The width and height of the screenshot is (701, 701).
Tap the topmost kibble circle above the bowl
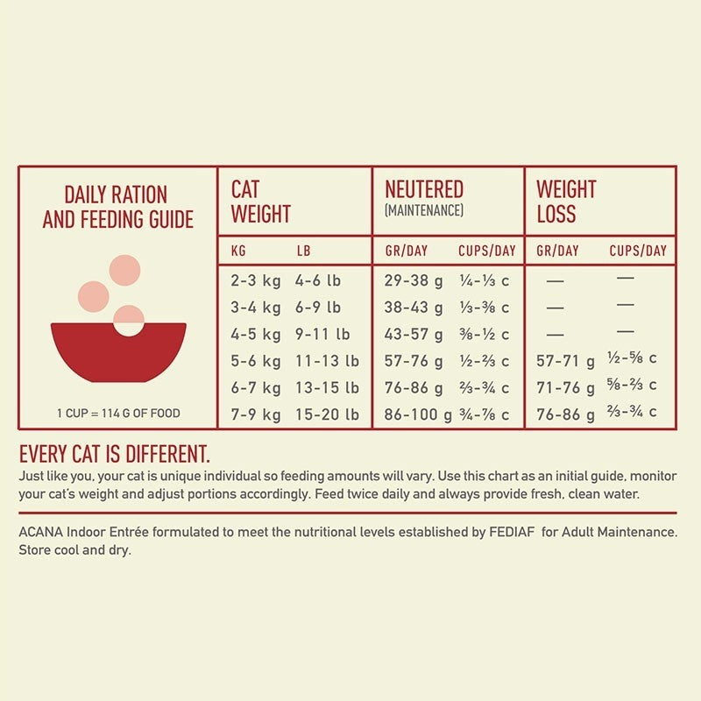tap(126, 270)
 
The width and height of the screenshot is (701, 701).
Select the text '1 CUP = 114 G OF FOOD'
tap(118, 414)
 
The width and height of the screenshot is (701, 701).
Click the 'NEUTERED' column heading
tap(424, 189)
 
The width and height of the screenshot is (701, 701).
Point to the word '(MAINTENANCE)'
tap(424, 211)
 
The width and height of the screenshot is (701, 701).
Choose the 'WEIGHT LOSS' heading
tap(566, 202)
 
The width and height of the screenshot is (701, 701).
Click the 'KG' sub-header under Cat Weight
tap(238, 251)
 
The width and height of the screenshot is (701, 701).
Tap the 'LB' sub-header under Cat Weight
tap(303, 251)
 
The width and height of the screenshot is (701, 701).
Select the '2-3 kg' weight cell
tap(256, 281)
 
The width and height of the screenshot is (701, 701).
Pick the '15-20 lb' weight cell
tap(327, 414)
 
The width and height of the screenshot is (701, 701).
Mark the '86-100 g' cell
tap(418, 414)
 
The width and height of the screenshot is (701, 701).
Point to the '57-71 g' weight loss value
tap(565, 361)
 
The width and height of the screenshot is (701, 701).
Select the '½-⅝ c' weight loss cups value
tap(632, 358)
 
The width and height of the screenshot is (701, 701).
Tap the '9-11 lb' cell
tap(322, 334)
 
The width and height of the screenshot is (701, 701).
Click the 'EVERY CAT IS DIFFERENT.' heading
tap(114, 454)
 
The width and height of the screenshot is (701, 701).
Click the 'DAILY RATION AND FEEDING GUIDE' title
tap(117, 207)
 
